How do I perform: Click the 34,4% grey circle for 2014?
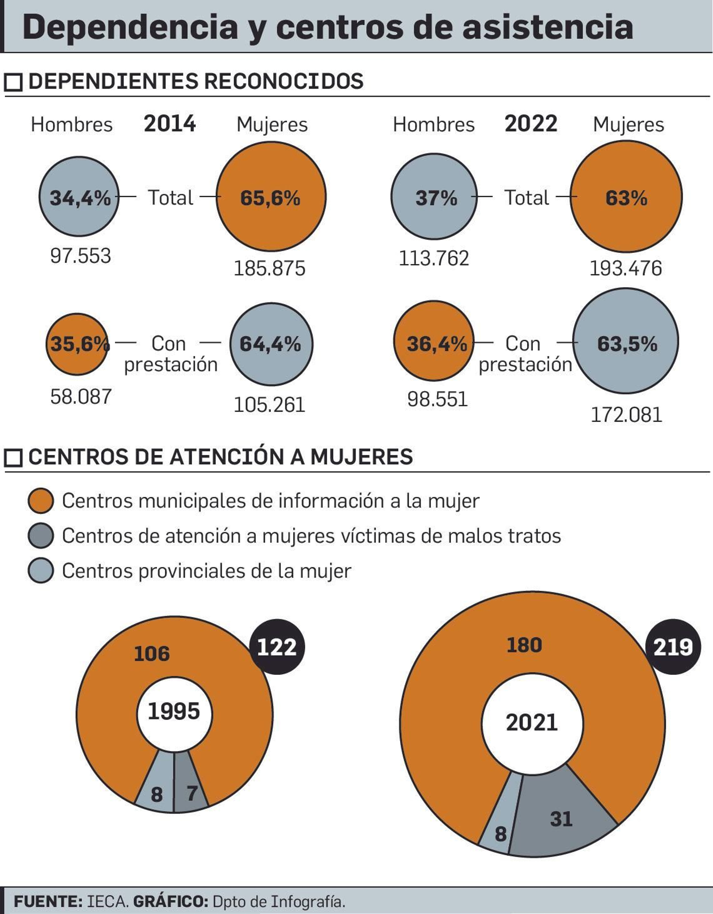[x=79, y=196]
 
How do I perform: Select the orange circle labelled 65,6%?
[x=271, y=196]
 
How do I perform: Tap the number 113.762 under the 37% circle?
[x=434, y=259]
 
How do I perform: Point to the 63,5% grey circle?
[x=626, y=341]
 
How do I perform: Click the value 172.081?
[x=626, y=415]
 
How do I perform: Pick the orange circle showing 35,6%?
[x=78, y=344]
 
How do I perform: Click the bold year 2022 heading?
[x=530, y=124]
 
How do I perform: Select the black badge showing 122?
[x=277, y=647]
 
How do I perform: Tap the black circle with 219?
[x=673, y=647]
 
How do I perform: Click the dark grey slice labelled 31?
[x=561, y=819]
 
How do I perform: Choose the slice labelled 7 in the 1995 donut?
[x=191, y=794]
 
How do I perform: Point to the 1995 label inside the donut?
[x=174, y=711]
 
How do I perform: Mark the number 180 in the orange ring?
[x=524, y=645]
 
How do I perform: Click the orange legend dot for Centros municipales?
[x=41, y=500]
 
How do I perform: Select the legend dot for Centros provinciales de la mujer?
[x=41, y=571]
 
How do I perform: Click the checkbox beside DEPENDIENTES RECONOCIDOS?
[x=13, y=82]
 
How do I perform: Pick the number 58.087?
[x=81, y=397]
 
